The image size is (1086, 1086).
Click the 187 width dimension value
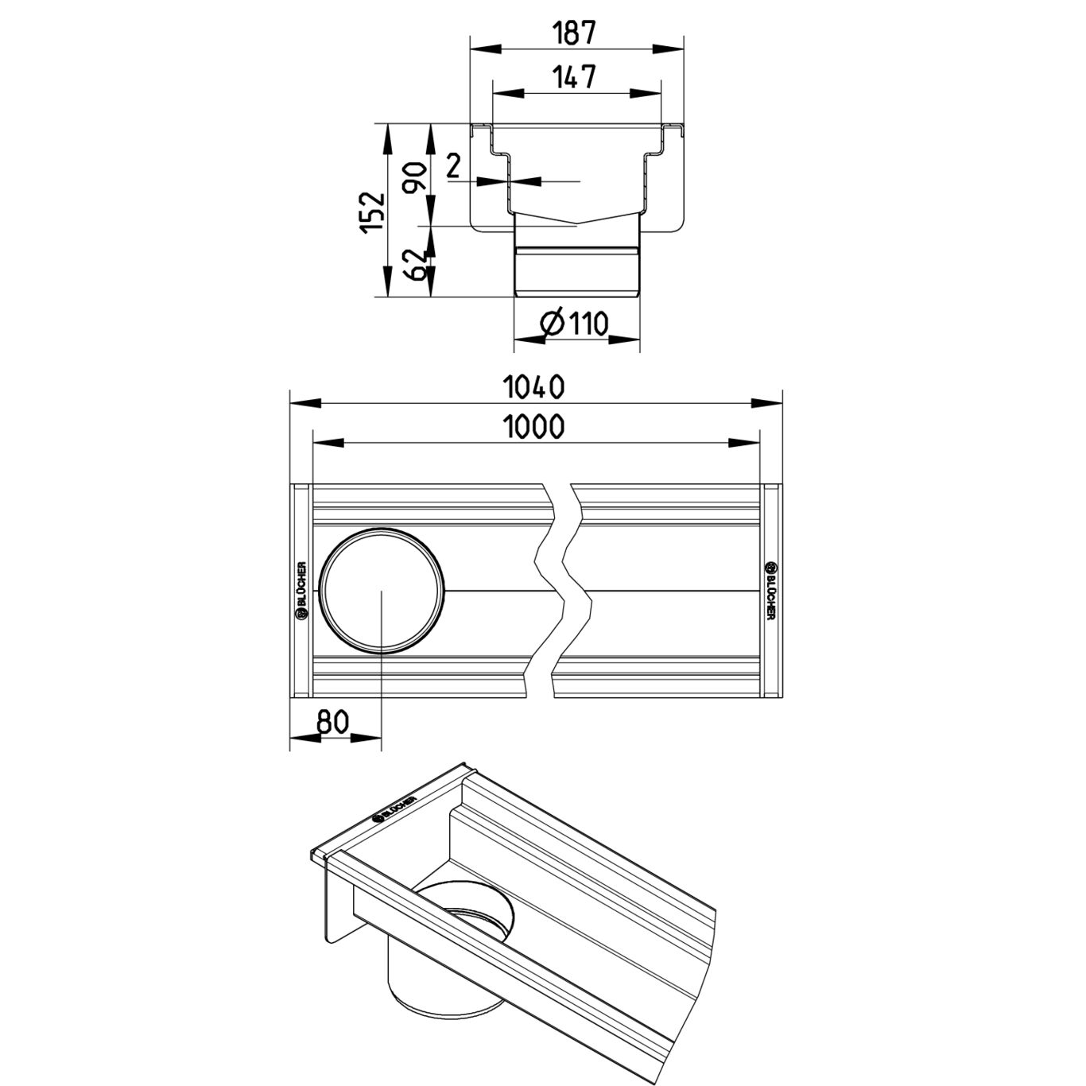pos(575,33)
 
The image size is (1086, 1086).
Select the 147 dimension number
pos(575,76)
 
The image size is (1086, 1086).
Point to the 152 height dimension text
pos(373,212)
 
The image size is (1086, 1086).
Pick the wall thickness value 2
pos(454,167)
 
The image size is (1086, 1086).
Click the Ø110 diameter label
pos(574,324)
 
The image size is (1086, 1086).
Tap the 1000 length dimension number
pos(533,427)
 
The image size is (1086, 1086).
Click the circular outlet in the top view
pos(382,591)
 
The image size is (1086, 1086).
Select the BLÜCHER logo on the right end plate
pos(770,589)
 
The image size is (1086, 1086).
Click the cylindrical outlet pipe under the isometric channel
pos(451,967)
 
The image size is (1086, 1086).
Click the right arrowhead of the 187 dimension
pos(669,49)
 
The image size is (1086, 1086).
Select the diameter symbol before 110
pos(553,324)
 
